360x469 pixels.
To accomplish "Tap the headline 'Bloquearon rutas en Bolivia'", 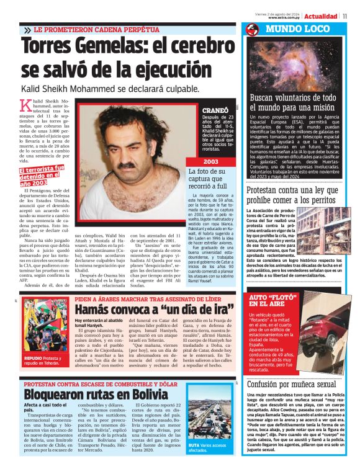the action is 96,394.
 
